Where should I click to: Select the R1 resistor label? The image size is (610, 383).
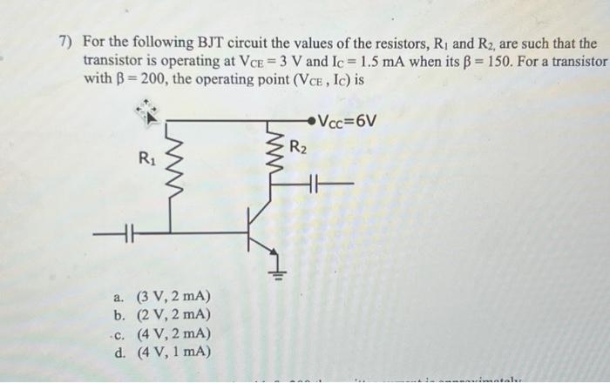(x=146, y=158)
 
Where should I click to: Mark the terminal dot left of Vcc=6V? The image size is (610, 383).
(x=314, y=120)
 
